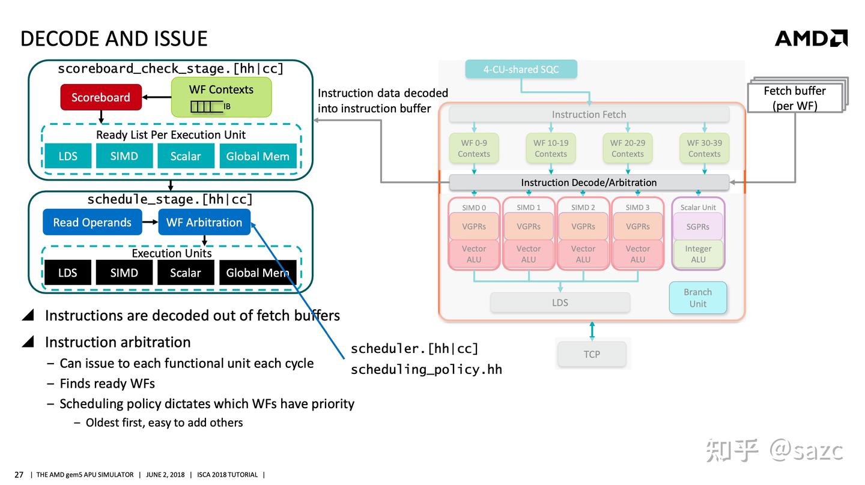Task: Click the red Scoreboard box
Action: tap(101, 97)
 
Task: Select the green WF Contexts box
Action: tap(221, 97)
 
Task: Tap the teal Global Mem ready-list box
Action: tap(258, 156)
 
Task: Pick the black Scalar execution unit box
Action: tap(186, 273)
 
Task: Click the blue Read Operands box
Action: tap(93, 222)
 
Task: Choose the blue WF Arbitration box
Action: tap(204, 222)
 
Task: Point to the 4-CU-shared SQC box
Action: tap(521, 70)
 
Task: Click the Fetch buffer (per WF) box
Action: tap(795, 98)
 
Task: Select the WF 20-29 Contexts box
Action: tap(628, 148)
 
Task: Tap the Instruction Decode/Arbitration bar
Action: tap(589, 182)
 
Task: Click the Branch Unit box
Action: tap(698, 298)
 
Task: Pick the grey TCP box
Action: tap(592, 354)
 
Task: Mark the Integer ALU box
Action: tap(698, 254)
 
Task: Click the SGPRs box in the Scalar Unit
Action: tap(698, 226)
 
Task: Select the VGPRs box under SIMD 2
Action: tap(583, 226)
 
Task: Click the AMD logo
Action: tap(811, 38)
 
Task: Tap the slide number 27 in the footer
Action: tap(19, 475)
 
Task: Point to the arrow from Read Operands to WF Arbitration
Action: tap(150, 222)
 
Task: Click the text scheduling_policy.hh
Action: tap(426, 370)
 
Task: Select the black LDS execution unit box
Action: tap(68, 273)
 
